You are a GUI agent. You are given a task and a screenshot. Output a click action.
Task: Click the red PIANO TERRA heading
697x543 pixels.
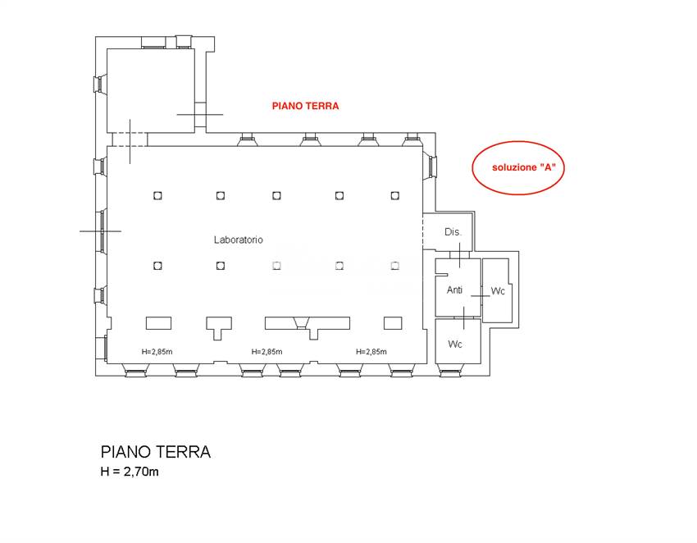coord(305,107)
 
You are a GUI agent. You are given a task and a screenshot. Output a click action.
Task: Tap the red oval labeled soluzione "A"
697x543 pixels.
coord(519,167)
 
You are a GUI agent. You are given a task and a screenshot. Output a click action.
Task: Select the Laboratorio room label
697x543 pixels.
coord(238,240)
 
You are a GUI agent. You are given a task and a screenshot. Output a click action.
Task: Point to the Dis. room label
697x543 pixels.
coord(453,232)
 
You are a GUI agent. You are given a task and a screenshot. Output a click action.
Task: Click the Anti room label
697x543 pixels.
coord(454,290)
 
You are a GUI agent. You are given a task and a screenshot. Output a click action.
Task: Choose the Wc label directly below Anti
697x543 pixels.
coord(455,345)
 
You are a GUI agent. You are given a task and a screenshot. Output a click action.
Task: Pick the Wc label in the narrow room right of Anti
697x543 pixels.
coord(498,291)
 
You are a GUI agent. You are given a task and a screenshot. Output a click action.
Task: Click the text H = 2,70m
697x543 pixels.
coord(136,472)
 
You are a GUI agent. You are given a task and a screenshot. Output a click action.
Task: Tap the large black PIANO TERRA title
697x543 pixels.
coord(156,452)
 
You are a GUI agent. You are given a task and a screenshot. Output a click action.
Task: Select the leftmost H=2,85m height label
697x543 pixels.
coord(157,352)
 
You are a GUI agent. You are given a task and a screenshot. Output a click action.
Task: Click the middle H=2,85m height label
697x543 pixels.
coord(266,352)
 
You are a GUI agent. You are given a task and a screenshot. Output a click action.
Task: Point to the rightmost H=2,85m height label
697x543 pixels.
coord(372,352)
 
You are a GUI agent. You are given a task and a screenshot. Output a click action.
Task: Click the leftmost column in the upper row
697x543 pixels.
coord(157,195)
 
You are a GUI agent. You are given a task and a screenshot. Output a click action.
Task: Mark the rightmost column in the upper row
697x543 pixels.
coord(395,195)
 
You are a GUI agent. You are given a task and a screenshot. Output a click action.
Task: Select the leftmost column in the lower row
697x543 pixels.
coord(157,266)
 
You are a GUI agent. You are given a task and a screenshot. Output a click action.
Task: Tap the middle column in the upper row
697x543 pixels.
coord(277,195)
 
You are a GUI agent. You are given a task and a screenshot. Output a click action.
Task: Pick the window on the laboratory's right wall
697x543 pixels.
coord(432,167)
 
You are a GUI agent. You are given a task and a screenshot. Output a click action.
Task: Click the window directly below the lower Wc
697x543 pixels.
coord(452,372)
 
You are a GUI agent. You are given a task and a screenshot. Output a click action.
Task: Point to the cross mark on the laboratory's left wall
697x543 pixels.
coord(101,231)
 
